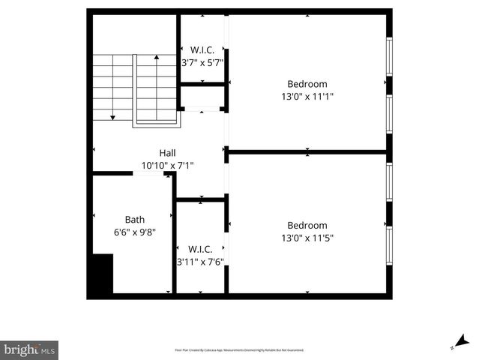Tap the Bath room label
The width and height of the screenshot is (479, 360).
click(x=135, y=220)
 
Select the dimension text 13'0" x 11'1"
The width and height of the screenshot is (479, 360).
click(x=307, y=96)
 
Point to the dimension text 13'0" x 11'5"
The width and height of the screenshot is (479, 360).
click(x=307, y=238)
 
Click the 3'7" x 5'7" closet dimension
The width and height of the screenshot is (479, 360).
click(x=202, y=63)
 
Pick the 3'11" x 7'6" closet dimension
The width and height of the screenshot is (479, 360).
click(x=200, y=262)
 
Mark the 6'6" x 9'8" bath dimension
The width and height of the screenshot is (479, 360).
click(x=135, y=232)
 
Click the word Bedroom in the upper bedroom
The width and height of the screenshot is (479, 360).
click(x=307, y=83)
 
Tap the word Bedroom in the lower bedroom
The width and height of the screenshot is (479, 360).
click(x=307, y=225)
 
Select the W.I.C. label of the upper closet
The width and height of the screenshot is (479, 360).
click(x=202, y=50)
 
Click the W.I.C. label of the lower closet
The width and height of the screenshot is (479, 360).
click(x=200, y=249)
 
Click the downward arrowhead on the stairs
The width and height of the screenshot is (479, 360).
click(x=112, y=117)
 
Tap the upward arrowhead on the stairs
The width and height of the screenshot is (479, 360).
click(x=156, y=56)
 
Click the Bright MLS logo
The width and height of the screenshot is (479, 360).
click(x=30, y=350)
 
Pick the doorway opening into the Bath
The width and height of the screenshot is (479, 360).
click(x=148, y=173)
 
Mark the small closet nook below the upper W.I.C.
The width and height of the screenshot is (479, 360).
click(x=202, y=97)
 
